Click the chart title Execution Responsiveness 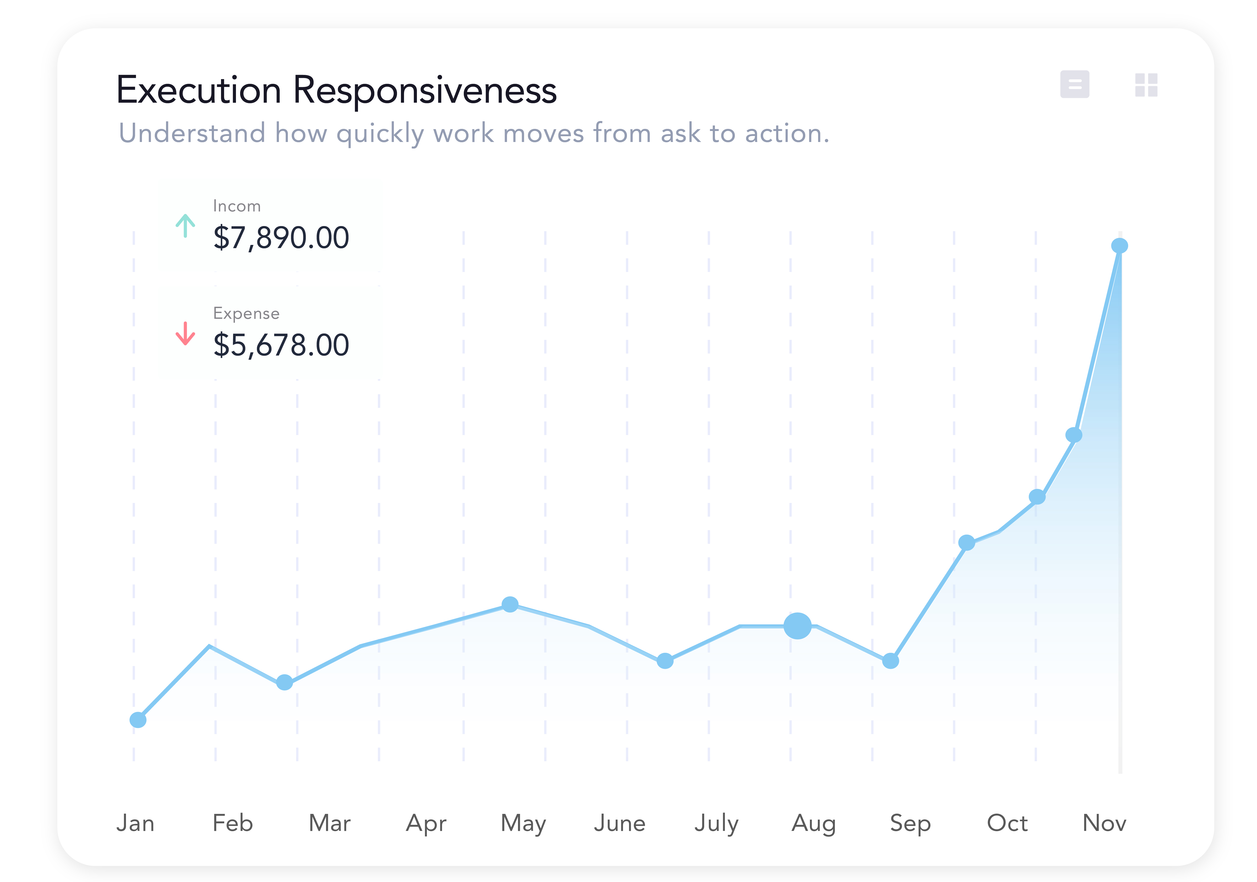tap(337, 90)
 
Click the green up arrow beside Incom tap(185, 226)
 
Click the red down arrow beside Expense tap(185, 333)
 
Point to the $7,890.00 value tap(281, 238)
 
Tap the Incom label tap(236, 206)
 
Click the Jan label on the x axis tap(135, 823)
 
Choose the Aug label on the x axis tap(814, 823)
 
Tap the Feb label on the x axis tap(233, 823)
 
